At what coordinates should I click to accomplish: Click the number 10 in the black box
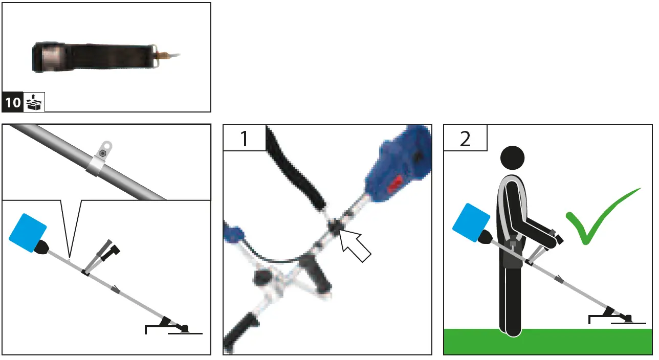pos(13,103)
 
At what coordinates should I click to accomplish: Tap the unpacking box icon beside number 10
pos(35,102)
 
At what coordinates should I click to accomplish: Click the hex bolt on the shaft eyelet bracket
pos(104,153)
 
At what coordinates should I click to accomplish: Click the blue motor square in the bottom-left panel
pos(28,229)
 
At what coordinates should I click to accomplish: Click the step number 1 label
pos(244,138)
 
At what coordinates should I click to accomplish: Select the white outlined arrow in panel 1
pos(356,245)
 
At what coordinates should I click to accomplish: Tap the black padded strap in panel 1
pos(297,169)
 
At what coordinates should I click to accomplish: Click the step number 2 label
pos(465,138)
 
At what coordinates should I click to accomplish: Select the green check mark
pos(599,217)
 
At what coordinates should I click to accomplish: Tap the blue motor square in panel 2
pos(471,221)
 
